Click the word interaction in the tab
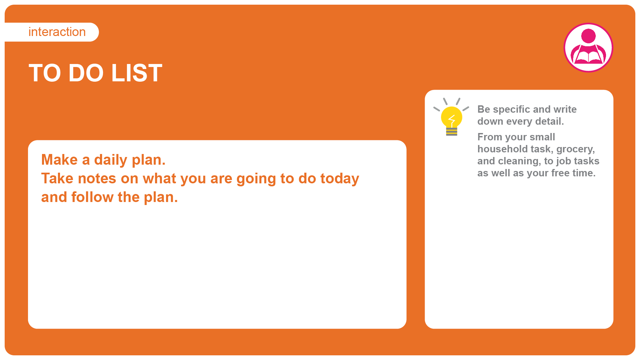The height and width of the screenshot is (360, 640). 57,32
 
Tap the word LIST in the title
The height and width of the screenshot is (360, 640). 137,73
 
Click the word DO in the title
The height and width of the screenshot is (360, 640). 86,73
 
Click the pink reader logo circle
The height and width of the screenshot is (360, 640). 588,47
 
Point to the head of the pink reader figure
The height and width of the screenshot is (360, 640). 588,36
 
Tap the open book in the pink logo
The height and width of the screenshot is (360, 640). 588,57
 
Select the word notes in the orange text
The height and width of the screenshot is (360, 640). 97,179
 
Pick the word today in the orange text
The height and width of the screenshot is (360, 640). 340,179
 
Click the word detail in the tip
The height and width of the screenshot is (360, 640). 549,121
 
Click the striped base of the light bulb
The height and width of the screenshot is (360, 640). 452,132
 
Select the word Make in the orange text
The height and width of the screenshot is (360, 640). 59,160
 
